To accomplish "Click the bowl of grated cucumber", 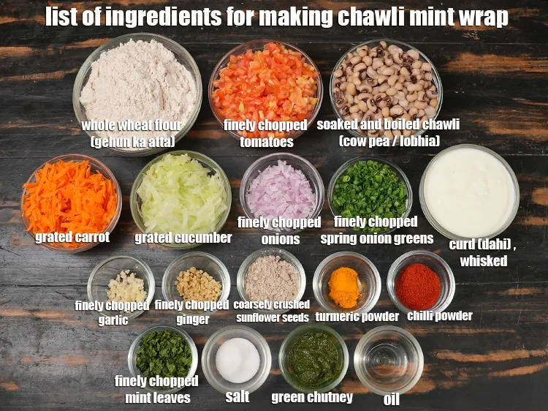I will click(181, 196).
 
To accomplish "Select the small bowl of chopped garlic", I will click(121, 283).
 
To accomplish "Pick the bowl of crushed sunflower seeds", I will click(271, 279).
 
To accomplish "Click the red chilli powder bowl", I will click(420, 284).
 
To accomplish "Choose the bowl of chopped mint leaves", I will click(163, 355).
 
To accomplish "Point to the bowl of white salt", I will click(237, 358).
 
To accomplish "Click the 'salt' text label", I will click(237, 396).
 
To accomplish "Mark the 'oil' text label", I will click(391, 399).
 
